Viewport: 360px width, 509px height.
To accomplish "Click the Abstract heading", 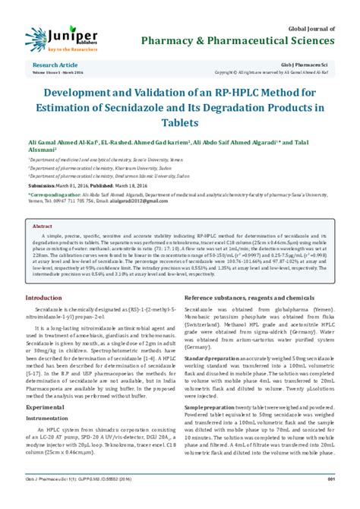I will (42, 226).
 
